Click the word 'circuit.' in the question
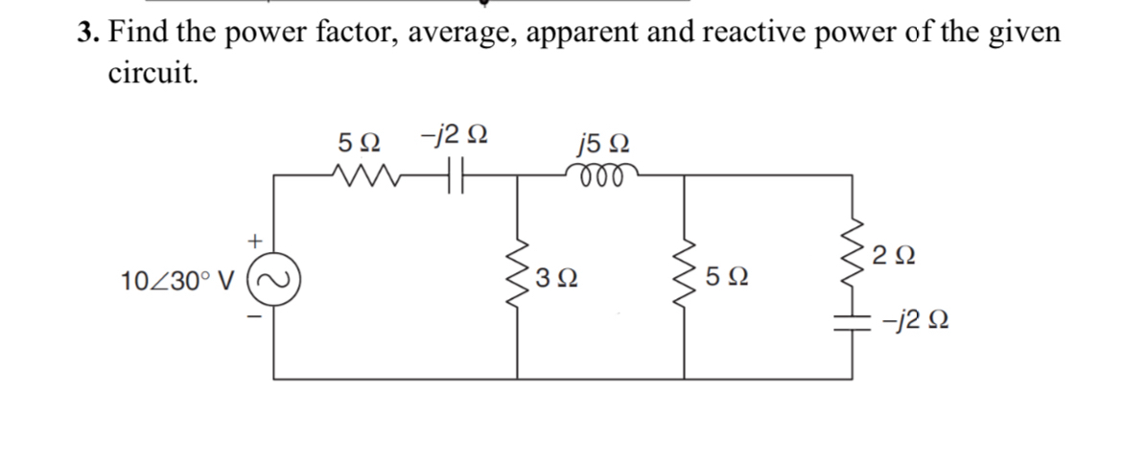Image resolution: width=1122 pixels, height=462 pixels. click(x=153, y=74)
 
